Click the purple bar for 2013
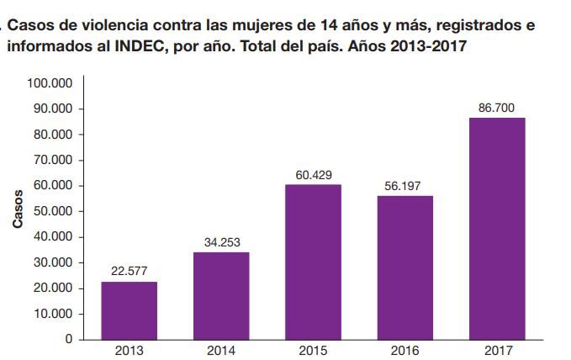tap(129, 310)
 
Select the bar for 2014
tap(221, 295)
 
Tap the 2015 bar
tap(313, 262)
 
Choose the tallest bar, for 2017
tap(497, 228)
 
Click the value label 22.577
tap(129, 271)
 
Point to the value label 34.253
tap(221, 241)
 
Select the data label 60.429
tap(313, 174)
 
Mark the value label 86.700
tap(497, 107)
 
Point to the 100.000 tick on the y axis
tap(50, 83)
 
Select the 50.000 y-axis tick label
tap(54, 211)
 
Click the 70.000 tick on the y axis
tap(54, 160)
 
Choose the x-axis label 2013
tap(129, 352)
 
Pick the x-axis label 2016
tap(404, 352)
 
